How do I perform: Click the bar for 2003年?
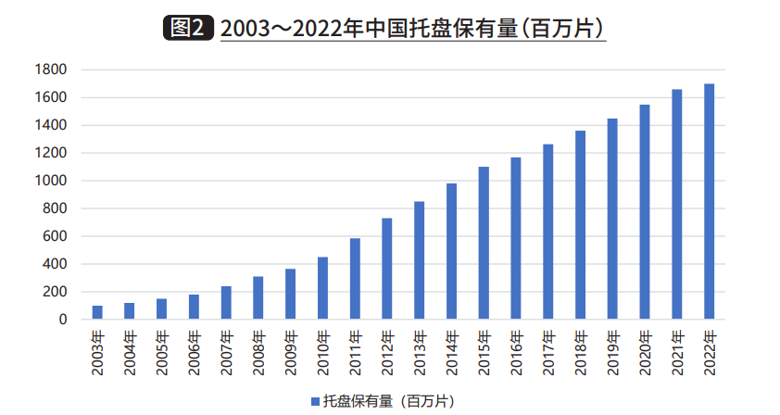pyautogui.click(x=97, y=312)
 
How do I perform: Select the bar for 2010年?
pyautogui.click(x=323, y=288)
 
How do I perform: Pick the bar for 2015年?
pyautogui.click(x=484, y=243)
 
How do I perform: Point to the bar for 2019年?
pyautogui.click(x=612, y=219)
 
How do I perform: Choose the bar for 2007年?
pyautogui.click(x=226, y=303)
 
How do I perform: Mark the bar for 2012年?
pyautogui.click(x=387, y=269)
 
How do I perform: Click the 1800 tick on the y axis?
pyautogui.click(x=50, y=69)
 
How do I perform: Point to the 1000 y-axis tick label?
pyautogui.click(x=50, y=181)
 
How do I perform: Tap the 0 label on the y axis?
pyautogui.click(x=63, y=320)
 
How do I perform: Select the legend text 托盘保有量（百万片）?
pyautogui.click(x=388, y=401)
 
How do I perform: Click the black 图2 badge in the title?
pyautogui.click(x=188, y=28)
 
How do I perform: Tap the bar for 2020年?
pyautogui.click(x=645, y=212)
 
